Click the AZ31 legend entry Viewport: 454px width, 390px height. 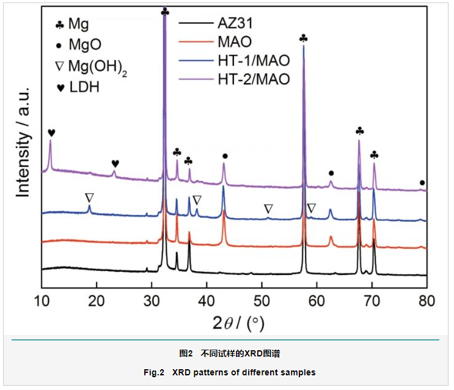[x=235, y=24]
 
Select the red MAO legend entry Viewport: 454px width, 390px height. [x=234, y=42]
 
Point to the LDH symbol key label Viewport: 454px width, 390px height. [x=84, y=87]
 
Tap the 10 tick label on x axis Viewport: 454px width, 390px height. [x=42, y=300]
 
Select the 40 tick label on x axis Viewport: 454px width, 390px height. [x=207, y=300]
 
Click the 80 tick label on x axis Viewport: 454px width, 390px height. [x=427, y=300]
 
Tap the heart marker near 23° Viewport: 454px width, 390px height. [x=115, y=163]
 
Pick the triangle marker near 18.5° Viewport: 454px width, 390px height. [x=89, y=197]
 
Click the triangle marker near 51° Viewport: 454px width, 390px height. [x=268, y=209]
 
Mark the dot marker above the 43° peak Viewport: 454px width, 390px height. [x=225, y=156]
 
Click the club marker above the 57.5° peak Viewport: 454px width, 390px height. [x=304, y=39]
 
